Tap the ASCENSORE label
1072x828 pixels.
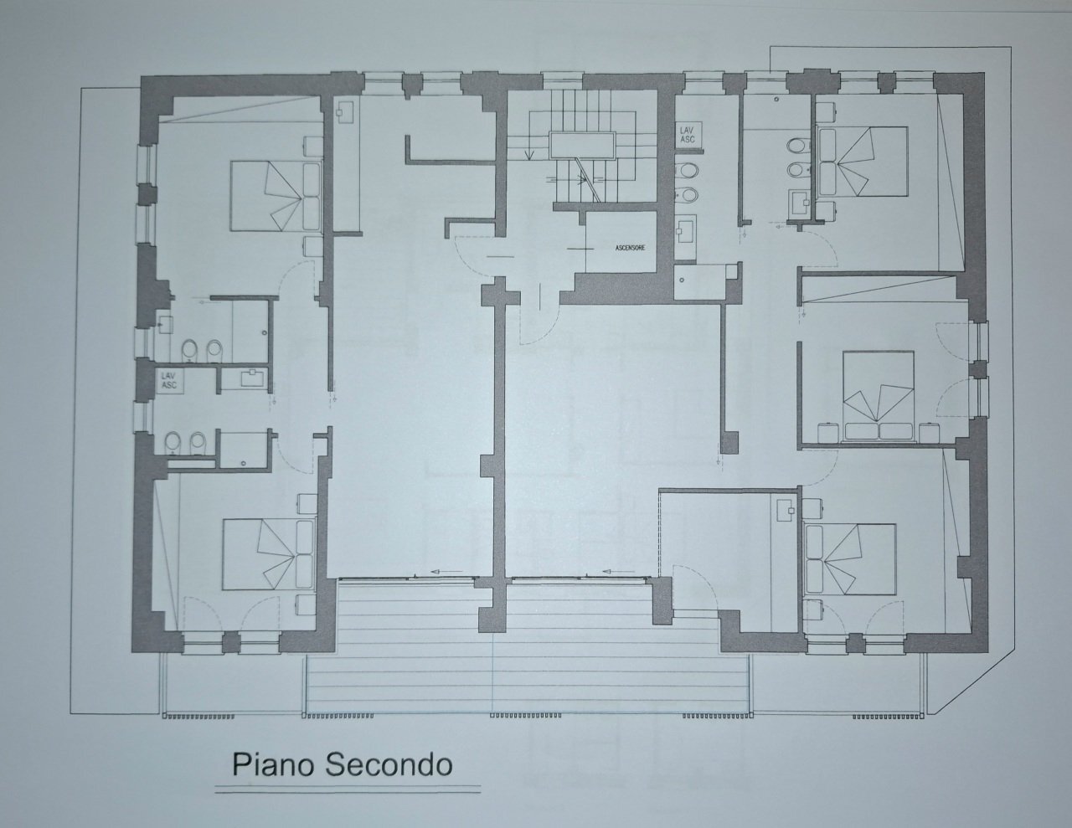tap(621, 249)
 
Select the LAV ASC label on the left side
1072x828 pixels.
tap(168, 381)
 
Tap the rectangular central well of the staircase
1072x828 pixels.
tap(580, 145)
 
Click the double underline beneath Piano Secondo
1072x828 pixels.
tap(348, 789)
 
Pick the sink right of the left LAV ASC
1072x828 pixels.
tap(250, 378)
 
